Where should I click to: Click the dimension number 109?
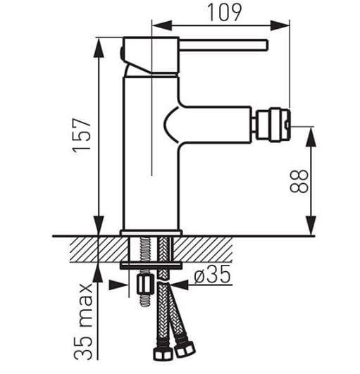[225, 13]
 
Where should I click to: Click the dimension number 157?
[82, 137]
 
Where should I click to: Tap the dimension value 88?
[299, 181]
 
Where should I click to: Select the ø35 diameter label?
[212, 275]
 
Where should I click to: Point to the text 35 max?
[83, 321]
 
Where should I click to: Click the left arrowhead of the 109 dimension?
[162, 25]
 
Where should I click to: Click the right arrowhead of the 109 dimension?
[280, 25]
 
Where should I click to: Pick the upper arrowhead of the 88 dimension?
[311, 137]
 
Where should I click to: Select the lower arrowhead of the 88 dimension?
[311, 225]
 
